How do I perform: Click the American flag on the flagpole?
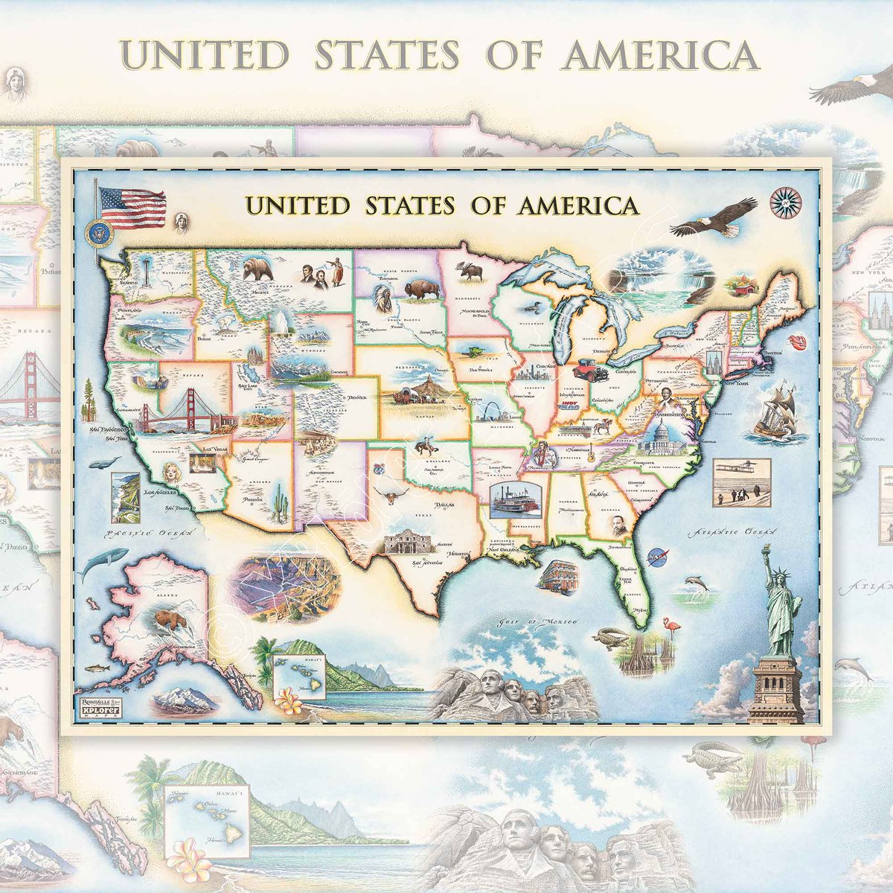[x=132, y=207]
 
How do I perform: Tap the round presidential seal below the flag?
[x=97, y=234]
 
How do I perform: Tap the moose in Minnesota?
[x=472, y=272]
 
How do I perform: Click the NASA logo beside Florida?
[x=657, y=554]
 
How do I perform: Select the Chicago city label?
[x=545, y=367]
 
